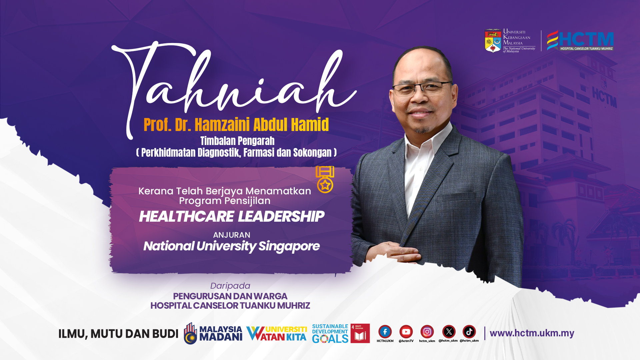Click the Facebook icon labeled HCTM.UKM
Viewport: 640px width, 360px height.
point(385,332)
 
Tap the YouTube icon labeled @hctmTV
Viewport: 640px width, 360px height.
point(406,332)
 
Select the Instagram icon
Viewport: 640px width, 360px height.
point(427,332)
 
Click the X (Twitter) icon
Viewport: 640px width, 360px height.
point(449,332)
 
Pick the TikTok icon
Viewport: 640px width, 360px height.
point(469,332)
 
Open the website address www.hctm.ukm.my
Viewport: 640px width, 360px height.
point(532,333)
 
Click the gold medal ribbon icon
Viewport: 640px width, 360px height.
point(325,179)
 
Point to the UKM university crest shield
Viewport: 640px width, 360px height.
point(493,41)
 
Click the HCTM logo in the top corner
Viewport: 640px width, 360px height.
point(580,40)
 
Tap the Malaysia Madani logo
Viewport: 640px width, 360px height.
point(213,333)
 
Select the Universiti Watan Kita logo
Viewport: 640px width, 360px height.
point(277,333)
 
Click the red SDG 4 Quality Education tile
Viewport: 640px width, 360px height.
point(360,333)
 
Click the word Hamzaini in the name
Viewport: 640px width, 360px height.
point(222,125)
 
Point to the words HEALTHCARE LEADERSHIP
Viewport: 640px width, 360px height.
point(231,216)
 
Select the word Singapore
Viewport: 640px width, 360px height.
point(289,246)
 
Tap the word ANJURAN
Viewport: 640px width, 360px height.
point(232,235)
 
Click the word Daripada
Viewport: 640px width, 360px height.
point(230,286)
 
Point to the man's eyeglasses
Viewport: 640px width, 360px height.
point(422,87)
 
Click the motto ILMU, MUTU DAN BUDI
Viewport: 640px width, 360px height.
point(118,334)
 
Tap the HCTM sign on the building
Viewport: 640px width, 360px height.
point(604,97)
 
